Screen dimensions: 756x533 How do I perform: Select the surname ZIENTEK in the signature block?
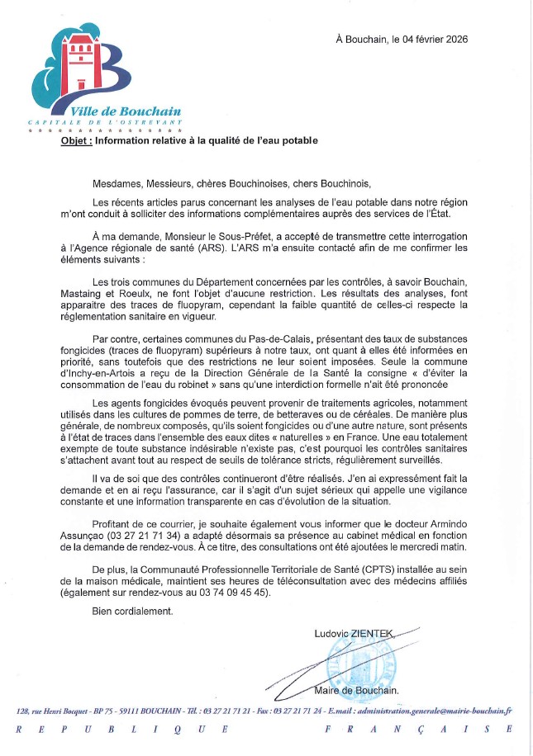374,634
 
